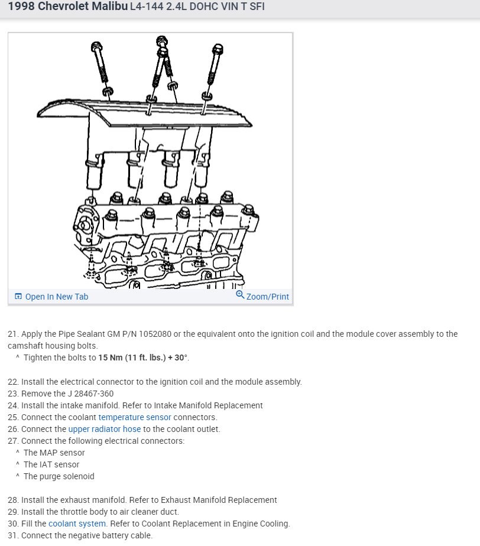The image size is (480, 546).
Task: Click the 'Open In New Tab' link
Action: pos(56,297)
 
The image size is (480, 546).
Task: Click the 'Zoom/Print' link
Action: pos(267,297)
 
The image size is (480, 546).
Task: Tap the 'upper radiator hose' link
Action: pos(105,429)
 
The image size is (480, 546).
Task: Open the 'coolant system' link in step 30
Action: pos(77,524)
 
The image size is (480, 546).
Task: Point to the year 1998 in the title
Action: pos(21,7)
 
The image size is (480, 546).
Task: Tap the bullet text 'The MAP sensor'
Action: pos(54,453)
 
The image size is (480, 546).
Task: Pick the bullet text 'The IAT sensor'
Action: pos(51,464)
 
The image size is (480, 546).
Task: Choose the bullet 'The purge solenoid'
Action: pos(59,476)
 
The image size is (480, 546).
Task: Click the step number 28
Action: pos(13,500)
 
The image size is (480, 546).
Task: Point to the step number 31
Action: pos(13,535)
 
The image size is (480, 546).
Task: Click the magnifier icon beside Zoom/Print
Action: pos(240,294)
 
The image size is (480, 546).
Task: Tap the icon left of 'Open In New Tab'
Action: pos(18,297)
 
